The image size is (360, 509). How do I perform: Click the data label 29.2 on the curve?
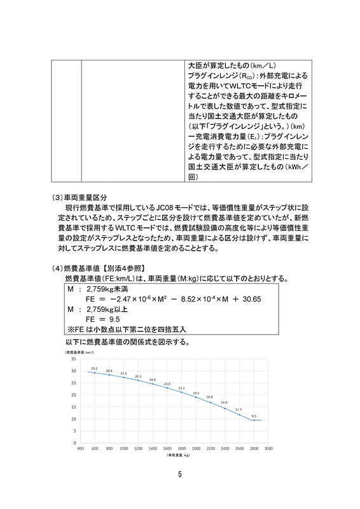pyautogui.click(x=94, y=368)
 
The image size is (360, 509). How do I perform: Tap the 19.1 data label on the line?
pyautogui.click(x=196, y=393)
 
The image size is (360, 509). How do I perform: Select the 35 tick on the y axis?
pyautogui.click(x=74, y=359)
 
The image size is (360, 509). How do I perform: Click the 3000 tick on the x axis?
pyautogui.click(x=269, y=448)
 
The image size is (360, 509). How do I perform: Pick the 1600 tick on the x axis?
pyautogui.click(x=167, y=448)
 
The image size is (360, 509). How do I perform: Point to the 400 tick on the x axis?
pyautogui.click(x=81, y=448)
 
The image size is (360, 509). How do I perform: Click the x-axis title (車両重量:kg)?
pyautogui.click(x=176, y=456)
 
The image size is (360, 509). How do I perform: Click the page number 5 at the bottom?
pyautogui.click(x=180, y=474)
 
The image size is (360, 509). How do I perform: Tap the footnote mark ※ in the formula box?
pyautogui.click(x=70, y=329)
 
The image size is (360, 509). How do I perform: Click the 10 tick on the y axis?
pyautogui.click(x=74, y=419)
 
